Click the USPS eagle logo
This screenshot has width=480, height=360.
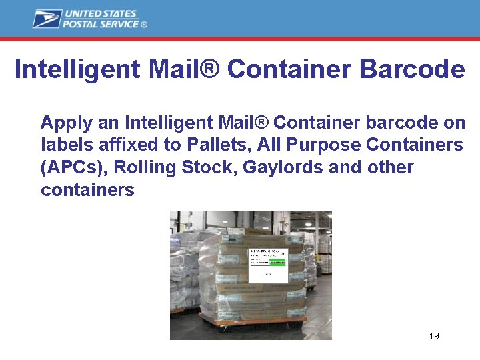(x=47, y=19)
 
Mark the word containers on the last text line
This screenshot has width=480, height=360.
(x=87, y=190)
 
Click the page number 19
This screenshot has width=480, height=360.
(x=434, y=336)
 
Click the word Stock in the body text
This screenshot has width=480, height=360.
(x=201, y=167)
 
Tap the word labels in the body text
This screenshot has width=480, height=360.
(x=59, y=145)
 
